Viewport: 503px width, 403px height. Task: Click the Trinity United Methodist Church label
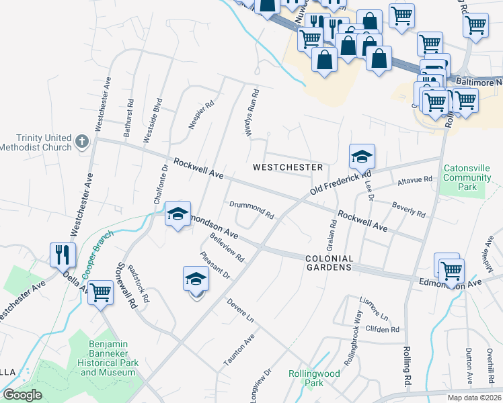pos(36,142)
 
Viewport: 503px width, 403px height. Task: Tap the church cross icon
pos(82,142)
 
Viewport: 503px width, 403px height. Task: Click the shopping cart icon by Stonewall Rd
pos(100,292)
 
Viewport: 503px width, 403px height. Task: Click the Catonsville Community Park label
pos(468,177)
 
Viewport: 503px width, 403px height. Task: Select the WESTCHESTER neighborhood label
pos(288,167)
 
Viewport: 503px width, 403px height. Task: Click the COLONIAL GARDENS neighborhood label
pos(329,263)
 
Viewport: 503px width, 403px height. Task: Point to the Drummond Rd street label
pos(251,210)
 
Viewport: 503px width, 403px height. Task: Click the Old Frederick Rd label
pos(332,182)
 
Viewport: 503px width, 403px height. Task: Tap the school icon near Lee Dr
pos(362,157)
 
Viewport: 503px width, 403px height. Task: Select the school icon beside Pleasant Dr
pos(196,279)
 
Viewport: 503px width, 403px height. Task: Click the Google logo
pos(22,395)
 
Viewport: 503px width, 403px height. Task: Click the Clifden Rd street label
pos(383,330)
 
